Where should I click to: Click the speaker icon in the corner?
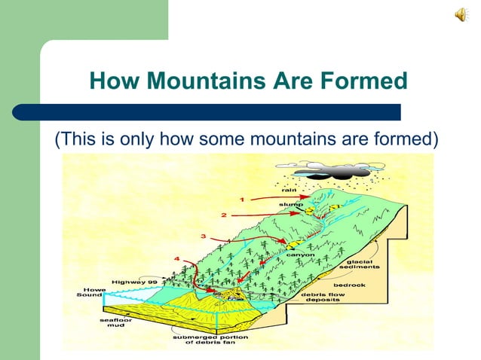tap(461, 15)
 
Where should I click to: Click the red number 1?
tap(242, 200)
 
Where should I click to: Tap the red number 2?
tap(224, 215)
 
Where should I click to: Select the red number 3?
tap(203, 236)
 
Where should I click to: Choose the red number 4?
tap(176, 260)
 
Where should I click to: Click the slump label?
tap(290, 204)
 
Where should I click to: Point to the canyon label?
tap(295, 255)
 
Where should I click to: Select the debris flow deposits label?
tap(321, 297)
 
